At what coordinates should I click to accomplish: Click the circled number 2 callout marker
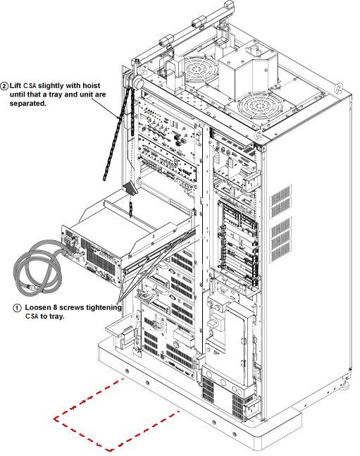tap(5, 86)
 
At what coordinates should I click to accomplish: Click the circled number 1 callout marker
tap(17, 308)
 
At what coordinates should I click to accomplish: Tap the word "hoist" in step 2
tap(92, 85)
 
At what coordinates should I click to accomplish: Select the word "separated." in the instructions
tap(28, 104)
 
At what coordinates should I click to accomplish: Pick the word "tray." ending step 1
tap(56, 316)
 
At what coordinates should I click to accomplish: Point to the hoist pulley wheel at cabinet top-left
tap(137, 82)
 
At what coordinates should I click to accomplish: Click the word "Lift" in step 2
tap(15, 85)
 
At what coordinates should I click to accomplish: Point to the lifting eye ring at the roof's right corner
tap(339, 88)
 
